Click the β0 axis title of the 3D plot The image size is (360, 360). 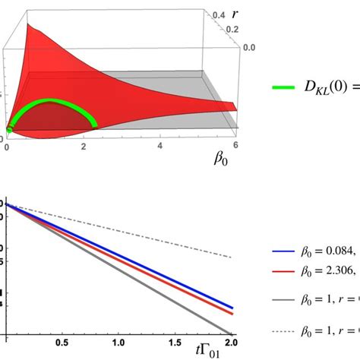coord(221,161)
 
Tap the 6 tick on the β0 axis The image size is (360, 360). coord(237,144)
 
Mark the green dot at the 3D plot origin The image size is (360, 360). coord(8,130)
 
